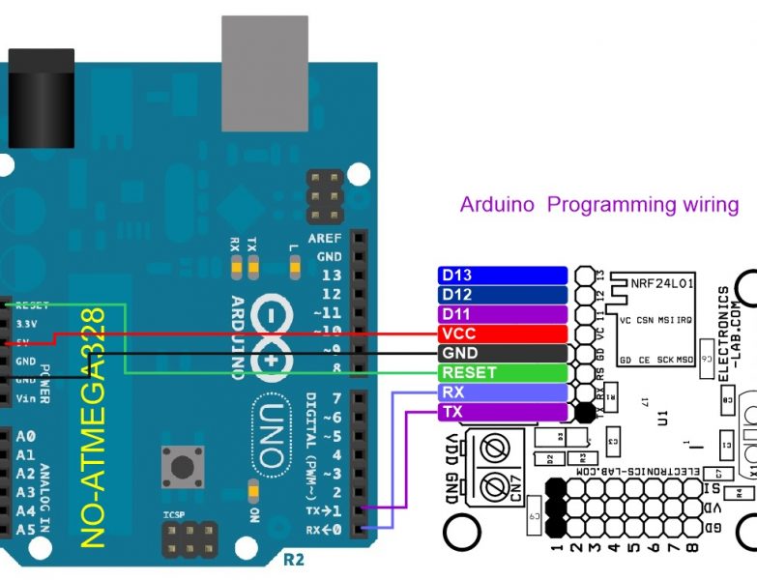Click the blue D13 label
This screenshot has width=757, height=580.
(x=502, y=275)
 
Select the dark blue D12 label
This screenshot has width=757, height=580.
(x=502, y=295)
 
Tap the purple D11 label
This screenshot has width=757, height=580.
(x=502, y=314)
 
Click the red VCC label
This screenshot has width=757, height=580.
(x=502, y=333)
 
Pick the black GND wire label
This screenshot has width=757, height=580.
(x=502, y=353)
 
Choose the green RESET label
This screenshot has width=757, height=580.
(x=502, y=372)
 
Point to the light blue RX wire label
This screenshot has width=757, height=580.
(x=502, y=392)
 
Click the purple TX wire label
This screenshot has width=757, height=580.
(x=502, y=412)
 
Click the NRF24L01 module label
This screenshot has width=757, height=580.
(x=662, y=286)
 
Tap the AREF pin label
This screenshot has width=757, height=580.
(x=325, y=239)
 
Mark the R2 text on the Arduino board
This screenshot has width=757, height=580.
(x=292, y=560)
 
